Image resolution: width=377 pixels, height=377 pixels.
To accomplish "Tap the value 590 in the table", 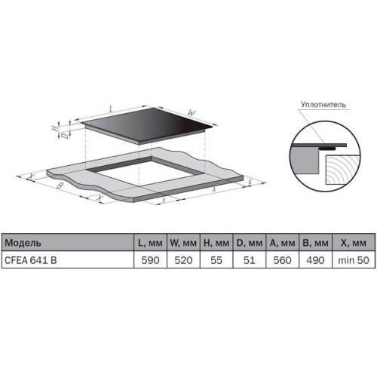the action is (x=150, y=260).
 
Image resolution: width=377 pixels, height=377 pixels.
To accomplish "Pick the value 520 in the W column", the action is (x=183, y=260).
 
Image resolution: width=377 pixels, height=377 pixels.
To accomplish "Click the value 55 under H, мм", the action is (x=216, y=260).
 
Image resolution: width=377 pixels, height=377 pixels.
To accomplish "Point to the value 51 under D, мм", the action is (x=250, y=260).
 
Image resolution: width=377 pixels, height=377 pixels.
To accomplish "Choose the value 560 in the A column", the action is (x=282, y=260).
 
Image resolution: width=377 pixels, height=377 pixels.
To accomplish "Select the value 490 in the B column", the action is (x=315, y=260).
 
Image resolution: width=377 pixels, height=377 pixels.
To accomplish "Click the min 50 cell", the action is (x=354, y=260).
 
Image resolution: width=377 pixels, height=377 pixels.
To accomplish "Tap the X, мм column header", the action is (x=354, y=243).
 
